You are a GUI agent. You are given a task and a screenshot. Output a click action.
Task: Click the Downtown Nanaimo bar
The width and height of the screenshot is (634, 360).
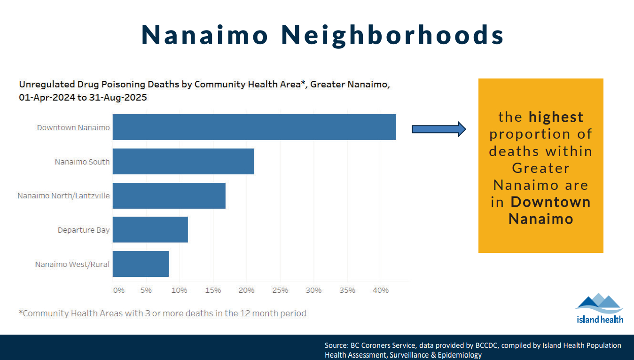tap(254, 127)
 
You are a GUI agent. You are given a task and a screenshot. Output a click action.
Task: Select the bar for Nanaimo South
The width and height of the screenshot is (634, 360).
tap(183, 161)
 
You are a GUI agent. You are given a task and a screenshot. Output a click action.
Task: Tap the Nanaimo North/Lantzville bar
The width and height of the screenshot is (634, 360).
tap(169, 196)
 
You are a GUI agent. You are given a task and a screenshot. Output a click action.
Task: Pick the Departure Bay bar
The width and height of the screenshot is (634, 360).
tap(150, 229)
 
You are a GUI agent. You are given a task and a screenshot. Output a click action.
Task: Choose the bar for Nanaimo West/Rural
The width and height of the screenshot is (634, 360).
tap(141, 264)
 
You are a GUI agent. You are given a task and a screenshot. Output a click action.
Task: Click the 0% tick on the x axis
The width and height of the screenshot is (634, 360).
tap(119, 290)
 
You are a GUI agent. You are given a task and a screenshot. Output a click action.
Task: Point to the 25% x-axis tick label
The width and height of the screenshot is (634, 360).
tap(280, 290)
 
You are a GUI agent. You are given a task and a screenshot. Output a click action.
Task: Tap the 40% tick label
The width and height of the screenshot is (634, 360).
tap(381, 290)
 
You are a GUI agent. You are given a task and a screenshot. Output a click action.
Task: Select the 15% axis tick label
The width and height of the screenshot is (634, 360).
tap(213, 290)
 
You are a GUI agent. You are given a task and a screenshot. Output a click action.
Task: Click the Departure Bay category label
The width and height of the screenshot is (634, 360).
tap(84, 230)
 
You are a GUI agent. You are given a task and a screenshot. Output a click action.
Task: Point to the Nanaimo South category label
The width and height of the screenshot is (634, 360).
tap(82, 162)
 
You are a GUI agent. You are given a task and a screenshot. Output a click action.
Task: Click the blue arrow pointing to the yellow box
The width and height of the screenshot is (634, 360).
tap(438, 129)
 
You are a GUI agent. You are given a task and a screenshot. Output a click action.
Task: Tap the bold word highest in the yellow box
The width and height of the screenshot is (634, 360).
tap(556, 117)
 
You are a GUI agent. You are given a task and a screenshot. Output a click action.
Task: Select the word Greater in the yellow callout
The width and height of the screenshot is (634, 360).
tap(540, 168)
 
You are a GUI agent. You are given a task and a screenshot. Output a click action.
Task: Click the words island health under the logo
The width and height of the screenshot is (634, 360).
tap(600, 320)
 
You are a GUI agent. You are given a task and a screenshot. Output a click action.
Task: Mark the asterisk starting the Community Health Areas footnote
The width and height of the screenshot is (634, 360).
tap(21, 312)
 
